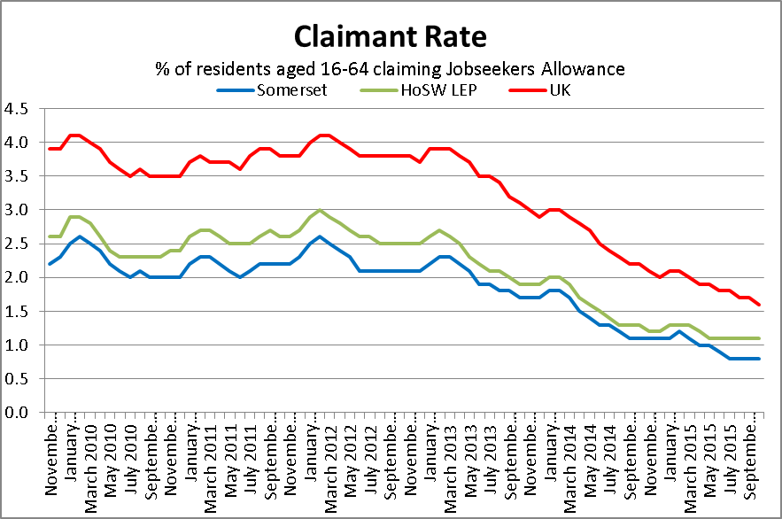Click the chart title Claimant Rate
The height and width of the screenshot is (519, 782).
pos(391,36)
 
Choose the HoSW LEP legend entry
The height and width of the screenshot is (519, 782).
pos(415,89)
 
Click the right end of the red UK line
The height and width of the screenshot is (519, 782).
pos(760,304)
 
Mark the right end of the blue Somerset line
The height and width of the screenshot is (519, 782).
pos(760,358)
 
